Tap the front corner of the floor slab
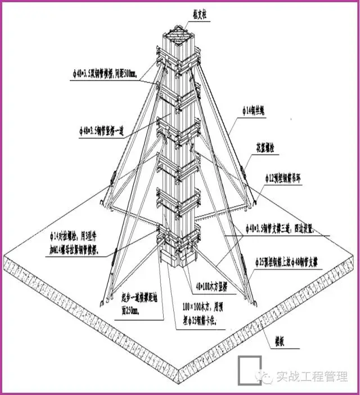click(x=179, y=376)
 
